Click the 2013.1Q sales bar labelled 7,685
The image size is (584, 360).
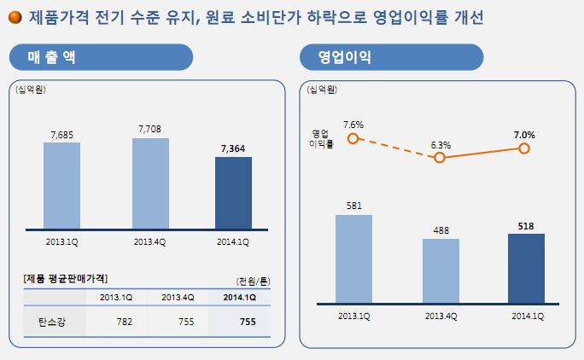pyautogui.click(x=61, y=185)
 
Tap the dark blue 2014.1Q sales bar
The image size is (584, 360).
pyautogui.click(x=233, y=193)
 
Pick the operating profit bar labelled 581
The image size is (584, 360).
pyautogui.click(x=353, y=259)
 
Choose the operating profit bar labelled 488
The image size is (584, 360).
pyautogui.click(x=441, y=270)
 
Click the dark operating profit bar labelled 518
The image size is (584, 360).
pyautogui.click(x=526, y=268)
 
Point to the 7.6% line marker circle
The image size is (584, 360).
pyautogui.click(x=353, y=138)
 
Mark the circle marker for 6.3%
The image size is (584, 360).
pyautogui.click(x=441, y=158)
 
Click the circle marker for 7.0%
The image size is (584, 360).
pyautogui.click(x=524, y=148)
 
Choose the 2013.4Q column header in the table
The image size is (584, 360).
pyautogui.click(x=178, y=297)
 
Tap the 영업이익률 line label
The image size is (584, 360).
pyautogui.click(x=321, y=138)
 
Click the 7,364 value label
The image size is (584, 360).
pyautogui.click(x=233, y=148)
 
